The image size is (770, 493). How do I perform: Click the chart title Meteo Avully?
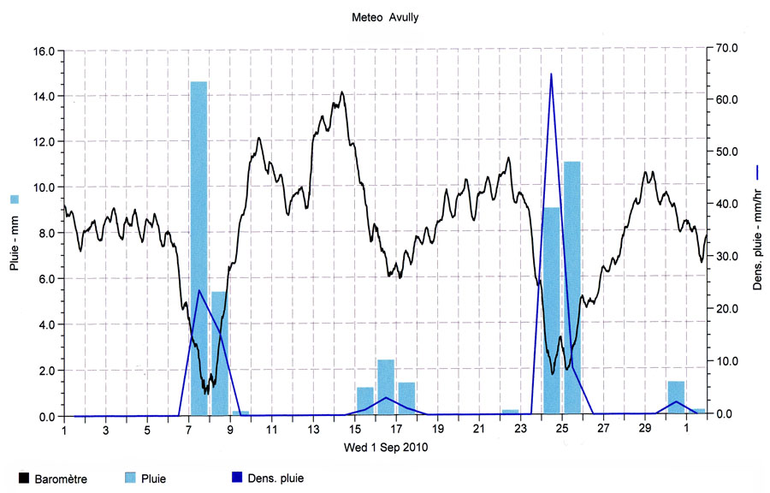tap(385, 17)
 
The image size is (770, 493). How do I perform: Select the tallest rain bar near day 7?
tap(198, 248)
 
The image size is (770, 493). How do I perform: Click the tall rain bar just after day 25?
tap(572, 287)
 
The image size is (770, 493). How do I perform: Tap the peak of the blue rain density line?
tap(551, 74)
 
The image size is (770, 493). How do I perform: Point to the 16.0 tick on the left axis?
tap(44, 50)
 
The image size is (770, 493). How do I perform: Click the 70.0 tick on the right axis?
tap(726, 47)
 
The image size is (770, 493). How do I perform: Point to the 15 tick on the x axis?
tap(355, 430)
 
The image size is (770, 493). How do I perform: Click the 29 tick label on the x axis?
tap(645, 430)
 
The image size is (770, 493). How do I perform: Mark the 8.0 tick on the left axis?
tap(44, 233)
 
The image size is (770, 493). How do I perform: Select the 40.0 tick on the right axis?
tap(726, 204)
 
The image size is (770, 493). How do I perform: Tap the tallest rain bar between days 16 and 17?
tap(386, 387)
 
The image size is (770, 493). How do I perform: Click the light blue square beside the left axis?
tap(14, 199)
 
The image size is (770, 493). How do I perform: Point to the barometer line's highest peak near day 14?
tap(342, 92)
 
